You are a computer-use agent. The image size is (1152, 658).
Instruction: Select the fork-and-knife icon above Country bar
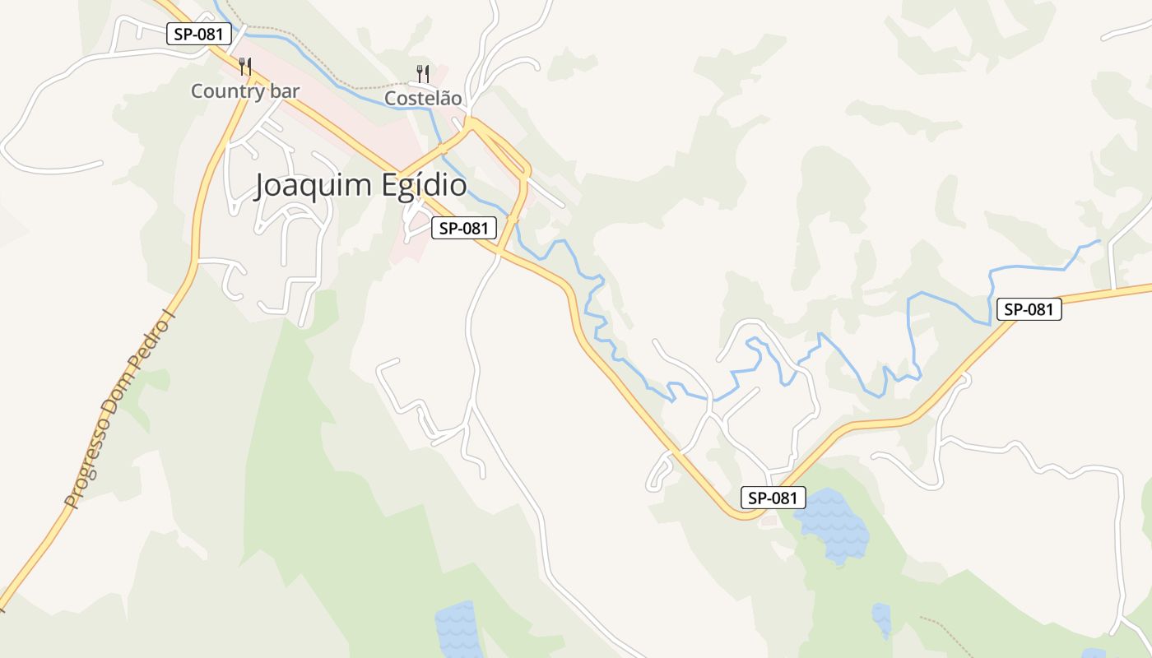pos(244,66)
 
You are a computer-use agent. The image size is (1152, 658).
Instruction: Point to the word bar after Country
pos(284,91)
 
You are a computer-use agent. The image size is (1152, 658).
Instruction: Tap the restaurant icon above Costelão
pos(422,73)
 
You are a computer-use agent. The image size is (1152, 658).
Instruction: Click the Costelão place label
pos(423,98)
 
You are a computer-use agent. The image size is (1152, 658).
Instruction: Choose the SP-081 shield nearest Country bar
pos(198,34)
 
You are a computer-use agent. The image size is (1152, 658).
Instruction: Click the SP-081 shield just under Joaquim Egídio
pos(464,228)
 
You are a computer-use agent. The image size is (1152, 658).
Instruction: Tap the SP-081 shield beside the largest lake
pos(773,498)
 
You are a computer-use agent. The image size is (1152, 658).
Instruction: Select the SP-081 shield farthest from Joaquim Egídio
pos(1029,309)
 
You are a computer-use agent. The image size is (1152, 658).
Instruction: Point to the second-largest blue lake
pos(458,629)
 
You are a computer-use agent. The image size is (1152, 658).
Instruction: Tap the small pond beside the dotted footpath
pos(881,619)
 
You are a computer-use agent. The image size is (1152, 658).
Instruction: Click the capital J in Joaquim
pos(261,186)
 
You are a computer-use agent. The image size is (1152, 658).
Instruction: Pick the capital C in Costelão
pos(392,98)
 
